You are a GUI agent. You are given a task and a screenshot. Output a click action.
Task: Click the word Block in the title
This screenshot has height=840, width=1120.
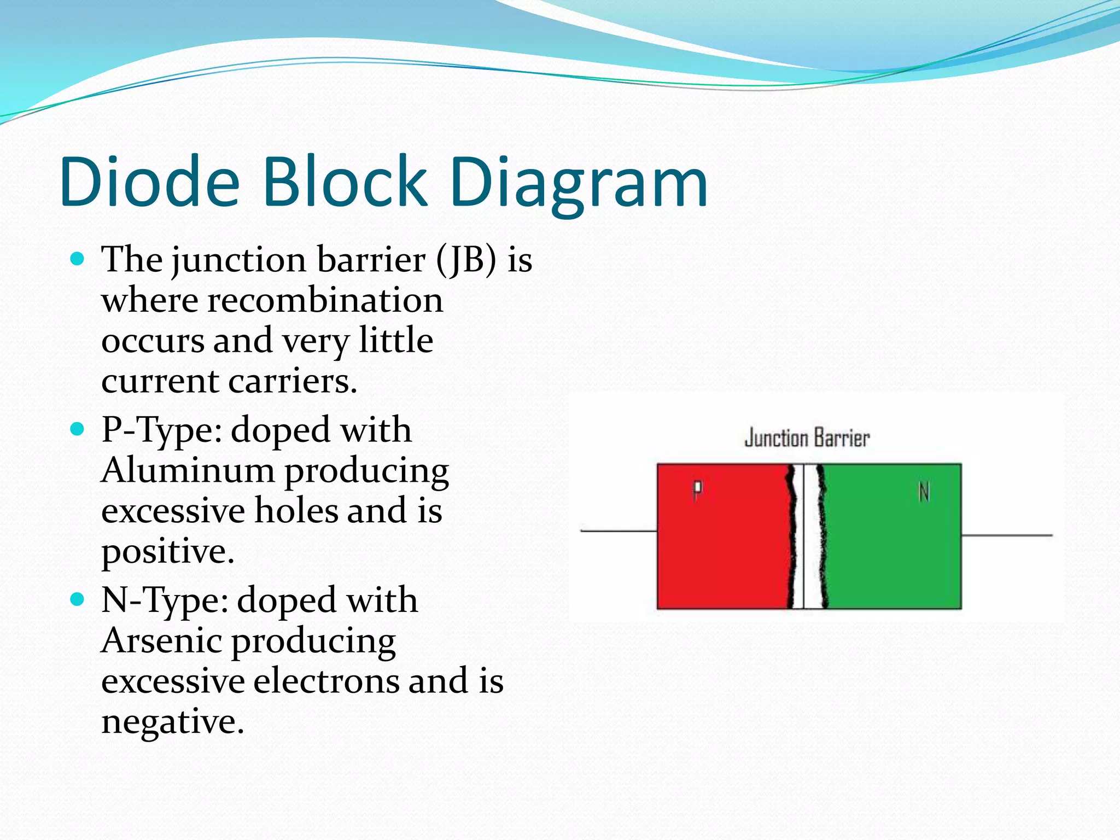click(345, 182)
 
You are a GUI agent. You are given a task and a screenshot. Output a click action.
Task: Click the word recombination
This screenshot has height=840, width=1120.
click(325, 300)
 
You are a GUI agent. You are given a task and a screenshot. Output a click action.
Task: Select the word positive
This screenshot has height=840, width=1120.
click(167, 551)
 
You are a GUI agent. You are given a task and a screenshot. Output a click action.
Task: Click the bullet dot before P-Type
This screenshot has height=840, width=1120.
click(78, 429)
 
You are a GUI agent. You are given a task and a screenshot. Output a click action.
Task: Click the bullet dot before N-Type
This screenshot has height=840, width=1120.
click(78, 599)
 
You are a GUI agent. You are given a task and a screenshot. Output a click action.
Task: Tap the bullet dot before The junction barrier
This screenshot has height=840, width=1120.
click(78, 259)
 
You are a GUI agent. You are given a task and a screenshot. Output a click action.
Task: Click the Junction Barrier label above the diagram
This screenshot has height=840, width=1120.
click(807, 439)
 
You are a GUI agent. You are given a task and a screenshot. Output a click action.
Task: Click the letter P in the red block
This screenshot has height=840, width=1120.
click(697, 490)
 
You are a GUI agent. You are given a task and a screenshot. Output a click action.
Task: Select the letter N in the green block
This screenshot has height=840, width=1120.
click(924, 492)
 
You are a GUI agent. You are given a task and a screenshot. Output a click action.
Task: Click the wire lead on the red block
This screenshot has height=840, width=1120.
click(618, 530)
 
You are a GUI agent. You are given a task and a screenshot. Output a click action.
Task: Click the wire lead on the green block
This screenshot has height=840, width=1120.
click(1006, 535)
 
